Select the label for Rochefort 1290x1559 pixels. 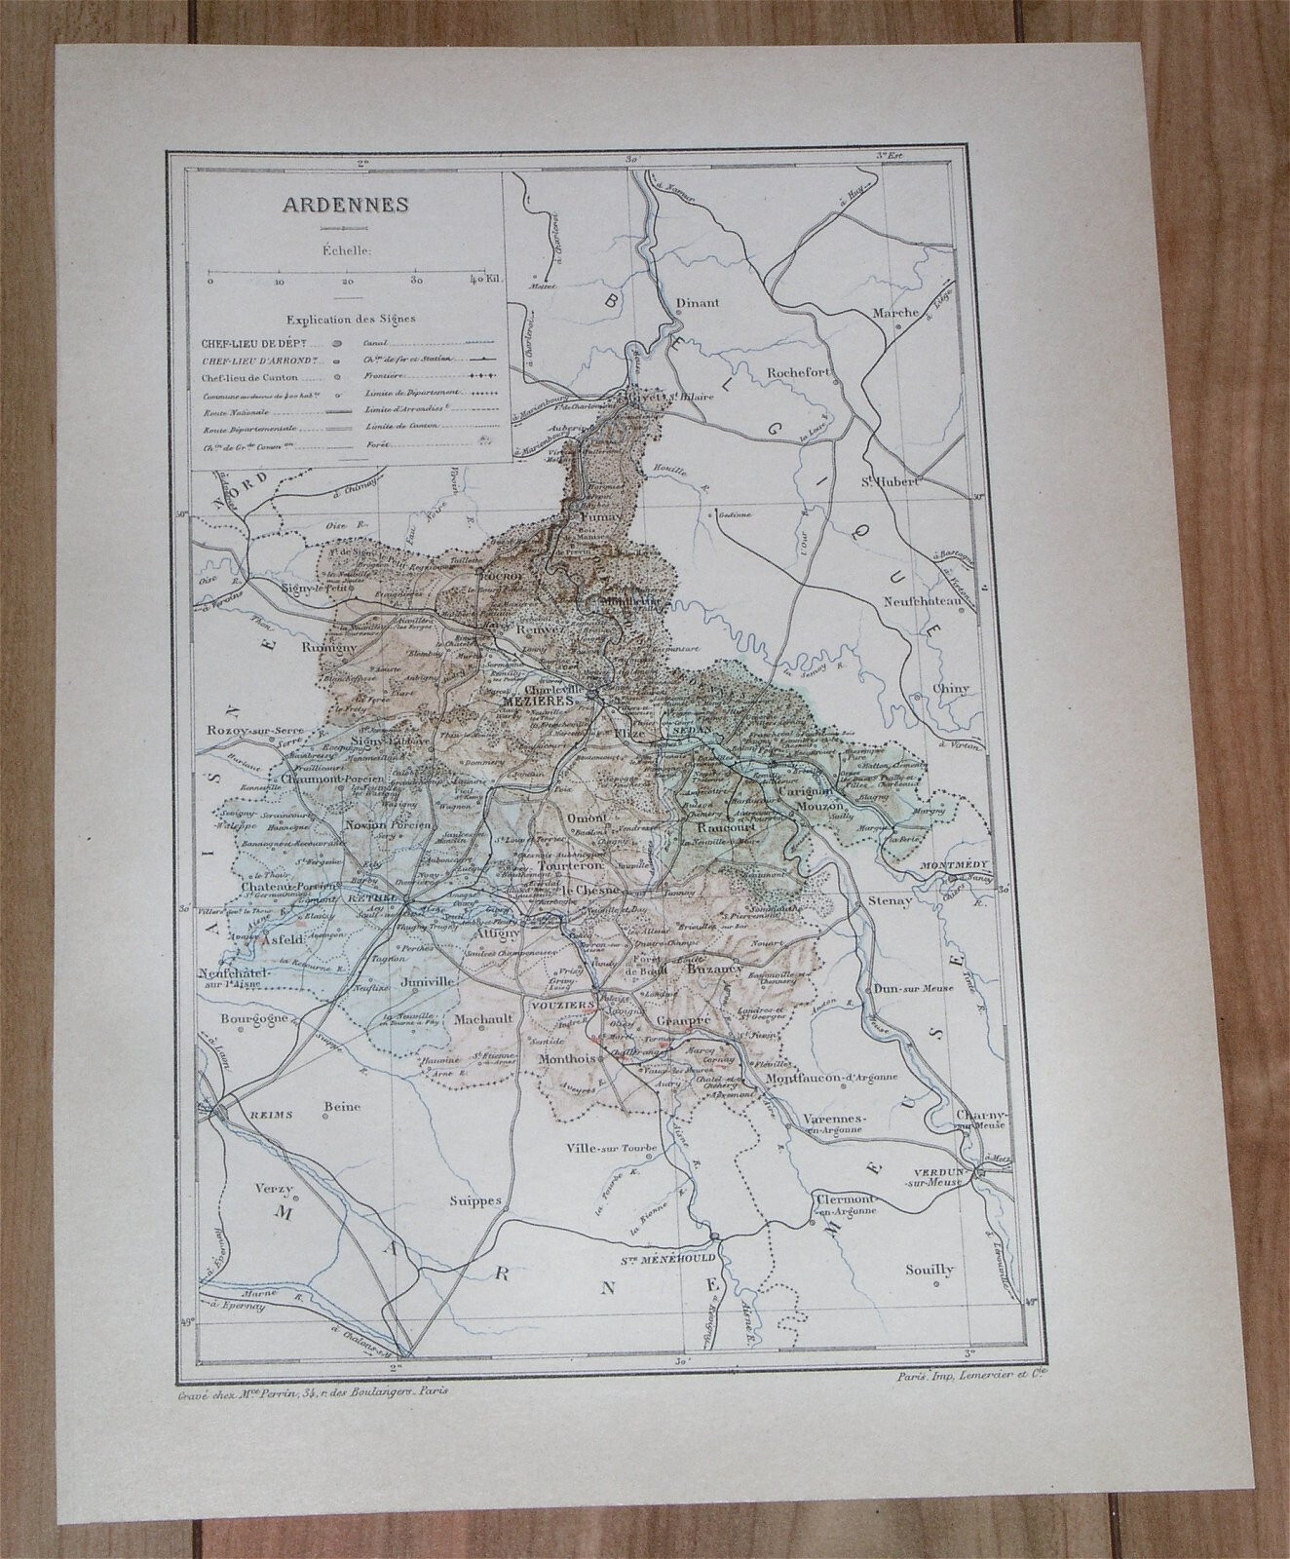(x=797, y=371)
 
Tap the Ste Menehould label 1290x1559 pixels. (x=687, y=1258)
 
